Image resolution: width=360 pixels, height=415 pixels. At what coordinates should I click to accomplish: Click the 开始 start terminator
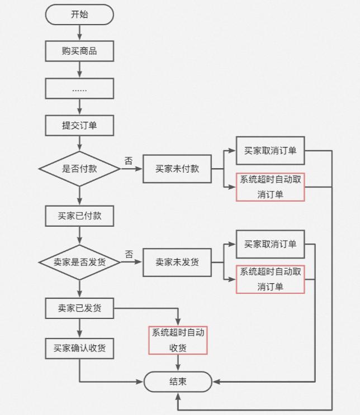79,15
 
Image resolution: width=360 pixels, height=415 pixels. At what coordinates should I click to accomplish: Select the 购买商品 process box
79,51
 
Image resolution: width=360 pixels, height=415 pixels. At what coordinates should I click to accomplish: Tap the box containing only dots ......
79,88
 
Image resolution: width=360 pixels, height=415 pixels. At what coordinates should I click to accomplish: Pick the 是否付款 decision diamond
79,169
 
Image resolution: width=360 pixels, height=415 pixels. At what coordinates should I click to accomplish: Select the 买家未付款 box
177,169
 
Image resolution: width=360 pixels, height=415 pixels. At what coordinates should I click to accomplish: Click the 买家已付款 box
79,216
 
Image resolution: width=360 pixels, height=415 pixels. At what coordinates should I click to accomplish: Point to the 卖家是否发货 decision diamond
79,262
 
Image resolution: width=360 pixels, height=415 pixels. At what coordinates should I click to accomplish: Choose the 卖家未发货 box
177,262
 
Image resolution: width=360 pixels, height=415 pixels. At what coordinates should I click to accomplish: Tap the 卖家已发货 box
79,308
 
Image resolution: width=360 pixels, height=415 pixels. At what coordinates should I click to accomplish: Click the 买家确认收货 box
79,348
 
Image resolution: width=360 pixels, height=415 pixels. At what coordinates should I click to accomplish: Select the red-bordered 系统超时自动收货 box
178,340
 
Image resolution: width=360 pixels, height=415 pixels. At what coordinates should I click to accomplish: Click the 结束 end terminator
178,382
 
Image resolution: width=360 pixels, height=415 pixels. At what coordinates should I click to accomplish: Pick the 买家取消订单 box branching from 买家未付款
270,151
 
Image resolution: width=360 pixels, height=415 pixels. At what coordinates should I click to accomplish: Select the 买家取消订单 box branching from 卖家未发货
270,244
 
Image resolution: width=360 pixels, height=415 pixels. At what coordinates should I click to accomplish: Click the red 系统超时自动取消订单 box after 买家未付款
270,187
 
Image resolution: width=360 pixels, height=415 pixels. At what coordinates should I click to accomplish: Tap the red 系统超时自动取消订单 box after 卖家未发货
270,279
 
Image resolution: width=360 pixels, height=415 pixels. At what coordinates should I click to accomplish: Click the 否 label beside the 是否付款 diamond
129,161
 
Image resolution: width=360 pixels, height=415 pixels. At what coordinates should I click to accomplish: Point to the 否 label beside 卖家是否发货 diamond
129,254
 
